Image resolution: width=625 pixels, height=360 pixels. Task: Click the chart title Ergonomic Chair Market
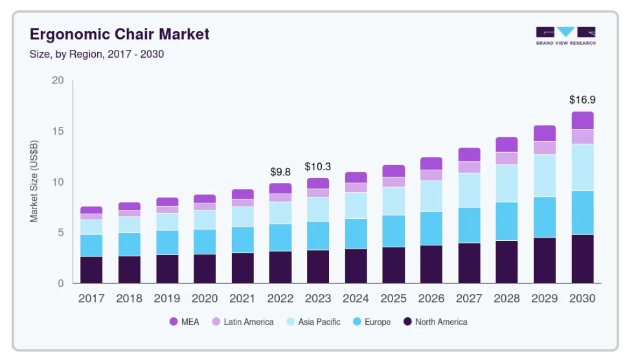coord(120,34)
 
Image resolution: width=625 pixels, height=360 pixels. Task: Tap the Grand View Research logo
coord(565,36)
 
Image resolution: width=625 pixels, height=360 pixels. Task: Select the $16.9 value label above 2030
coord(582,100)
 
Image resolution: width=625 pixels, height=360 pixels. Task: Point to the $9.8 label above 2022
coord(280,172)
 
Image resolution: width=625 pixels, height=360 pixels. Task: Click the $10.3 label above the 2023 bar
coord(318,166)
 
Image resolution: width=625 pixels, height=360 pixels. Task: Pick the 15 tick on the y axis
coord(58,131)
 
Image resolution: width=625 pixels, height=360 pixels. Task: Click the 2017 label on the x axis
coord(91,299)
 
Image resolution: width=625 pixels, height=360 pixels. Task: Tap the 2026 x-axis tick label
coord(431,299)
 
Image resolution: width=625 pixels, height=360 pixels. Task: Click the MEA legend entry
coord(184,322)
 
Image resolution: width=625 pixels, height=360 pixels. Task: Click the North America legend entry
coord(435,322)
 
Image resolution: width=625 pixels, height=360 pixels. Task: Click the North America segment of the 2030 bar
coord(582,259)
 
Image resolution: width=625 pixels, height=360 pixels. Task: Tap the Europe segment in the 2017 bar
coord(91,245)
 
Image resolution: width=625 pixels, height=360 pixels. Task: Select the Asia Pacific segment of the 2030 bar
coord(582,167)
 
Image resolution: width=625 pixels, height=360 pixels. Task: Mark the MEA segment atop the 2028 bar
coord(506,144)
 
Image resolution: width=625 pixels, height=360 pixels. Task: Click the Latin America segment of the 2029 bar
coord(545,148)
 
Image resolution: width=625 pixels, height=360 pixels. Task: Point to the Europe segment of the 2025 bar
coord(394,231)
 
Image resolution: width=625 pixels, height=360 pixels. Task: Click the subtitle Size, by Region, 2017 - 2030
coord(97,54)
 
